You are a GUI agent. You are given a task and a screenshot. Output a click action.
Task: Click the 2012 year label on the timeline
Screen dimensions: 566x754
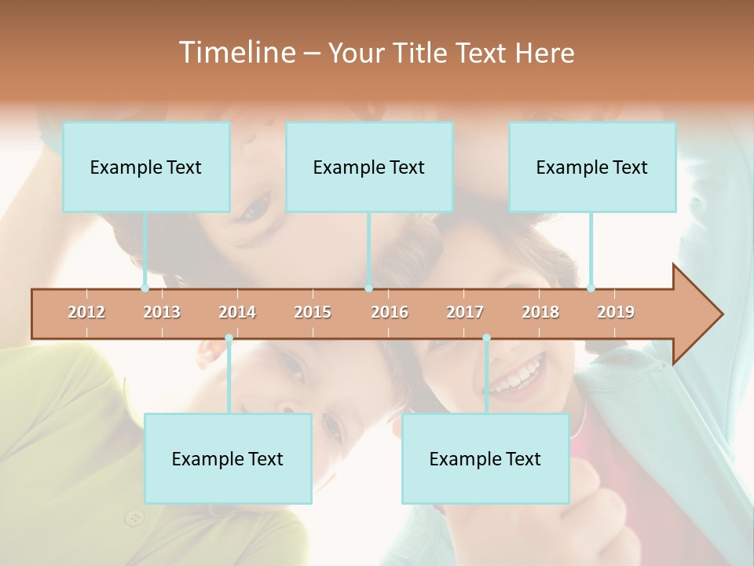point(86,312)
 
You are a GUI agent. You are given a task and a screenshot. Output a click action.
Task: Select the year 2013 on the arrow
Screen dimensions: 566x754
point(162,312)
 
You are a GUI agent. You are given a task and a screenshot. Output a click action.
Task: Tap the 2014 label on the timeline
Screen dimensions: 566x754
point(237,312)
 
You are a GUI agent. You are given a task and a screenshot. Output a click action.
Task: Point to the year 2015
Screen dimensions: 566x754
point(313,312)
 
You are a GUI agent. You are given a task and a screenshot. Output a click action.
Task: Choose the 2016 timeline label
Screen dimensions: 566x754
point(390,312)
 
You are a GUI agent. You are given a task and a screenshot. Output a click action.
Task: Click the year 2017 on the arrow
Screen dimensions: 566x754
point(465,312)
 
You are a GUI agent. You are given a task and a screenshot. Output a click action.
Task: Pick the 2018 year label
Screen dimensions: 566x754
point(540,312)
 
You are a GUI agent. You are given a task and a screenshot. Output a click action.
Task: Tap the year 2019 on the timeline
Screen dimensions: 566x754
point(616,312)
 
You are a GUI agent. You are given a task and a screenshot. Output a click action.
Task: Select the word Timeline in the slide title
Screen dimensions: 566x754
point(236,53)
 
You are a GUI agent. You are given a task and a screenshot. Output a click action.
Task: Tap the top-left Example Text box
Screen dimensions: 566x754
point(146,167)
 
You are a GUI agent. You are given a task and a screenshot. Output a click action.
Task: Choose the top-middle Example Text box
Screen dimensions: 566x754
point(369,167)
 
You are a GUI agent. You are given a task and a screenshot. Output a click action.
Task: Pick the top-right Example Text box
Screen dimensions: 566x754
point(592,167)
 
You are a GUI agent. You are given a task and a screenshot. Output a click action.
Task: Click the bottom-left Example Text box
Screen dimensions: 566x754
point(228,458)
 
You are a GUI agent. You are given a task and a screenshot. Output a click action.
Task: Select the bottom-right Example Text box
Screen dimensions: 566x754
point(485,458)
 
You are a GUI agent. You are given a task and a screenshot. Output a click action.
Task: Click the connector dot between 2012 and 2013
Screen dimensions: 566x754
point(145,288)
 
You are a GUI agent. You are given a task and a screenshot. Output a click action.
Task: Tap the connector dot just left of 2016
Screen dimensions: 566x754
point(368,288)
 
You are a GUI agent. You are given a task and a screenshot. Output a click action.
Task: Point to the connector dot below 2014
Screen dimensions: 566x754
point(229,338)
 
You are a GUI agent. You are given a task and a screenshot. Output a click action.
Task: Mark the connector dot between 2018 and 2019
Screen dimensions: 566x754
point(591,288)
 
